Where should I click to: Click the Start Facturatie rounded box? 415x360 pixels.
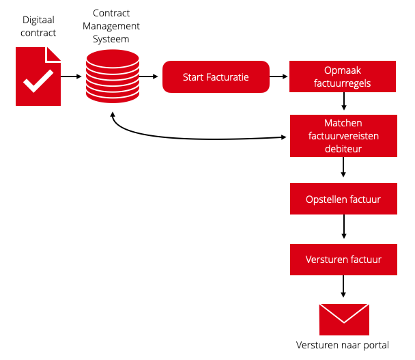pyautogui.click(x=216, y=77)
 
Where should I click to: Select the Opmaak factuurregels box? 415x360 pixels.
pyautogui.click(x=343, y=77)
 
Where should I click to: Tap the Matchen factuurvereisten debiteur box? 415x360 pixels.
pyautogui.click(x=343, y=136)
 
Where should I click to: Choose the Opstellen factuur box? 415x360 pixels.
pyautogui.click(x=343, y=199)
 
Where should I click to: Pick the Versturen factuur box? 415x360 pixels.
pyautogui.click(x=343, y=260)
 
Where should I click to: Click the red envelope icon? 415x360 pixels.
pyautogui.click(x=344, y=320)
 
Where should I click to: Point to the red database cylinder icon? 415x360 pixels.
pyautogui.click(x=113, y=77)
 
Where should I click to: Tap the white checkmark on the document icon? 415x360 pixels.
pyautogui.click(x=38, y=81)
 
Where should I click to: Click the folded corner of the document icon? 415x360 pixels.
pyautogui.click(x=53, y=55)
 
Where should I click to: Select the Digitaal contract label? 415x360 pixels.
pyautogui.click(x=38, y=26)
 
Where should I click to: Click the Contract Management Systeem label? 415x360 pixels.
pyautogui.click(x=111, y=26)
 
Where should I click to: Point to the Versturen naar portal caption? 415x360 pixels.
pyautogui.click(x=343, y=345)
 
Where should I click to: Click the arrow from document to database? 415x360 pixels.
pyautogui.click(x=71, y=77)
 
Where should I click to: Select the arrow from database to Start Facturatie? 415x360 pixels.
pyautogui.click(x=149, y=77)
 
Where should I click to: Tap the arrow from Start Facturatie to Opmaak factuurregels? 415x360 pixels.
pyautogui.click(x=278, y=77)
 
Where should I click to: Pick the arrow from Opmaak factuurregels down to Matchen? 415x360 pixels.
pyautogui.click(x=344, y=101)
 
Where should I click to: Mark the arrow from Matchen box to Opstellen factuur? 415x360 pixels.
pyautogui.click(x=343, y=167)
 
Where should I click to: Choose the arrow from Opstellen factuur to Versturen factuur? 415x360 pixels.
pyautogui.click(x=344, y=227)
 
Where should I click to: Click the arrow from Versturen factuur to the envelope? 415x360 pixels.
pyautogui.click(x=343, y=286)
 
